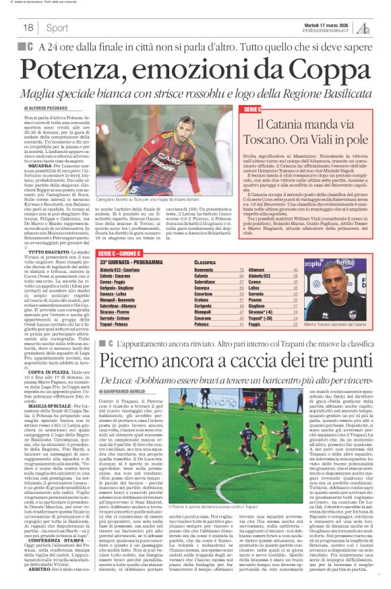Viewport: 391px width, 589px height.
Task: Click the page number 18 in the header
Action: click(x=28, y=28)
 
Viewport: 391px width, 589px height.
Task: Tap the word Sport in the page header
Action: click(x=57, y=28)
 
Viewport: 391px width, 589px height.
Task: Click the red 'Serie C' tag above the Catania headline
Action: click(x=251, y=108)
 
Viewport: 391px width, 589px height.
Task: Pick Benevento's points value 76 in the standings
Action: click(x=241, y=268)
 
